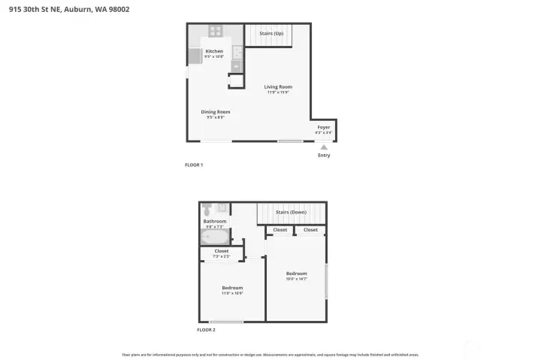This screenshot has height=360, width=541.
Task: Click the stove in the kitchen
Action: click(x=215, y=31)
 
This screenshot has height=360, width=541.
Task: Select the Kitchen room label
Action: click(x=214, y=51)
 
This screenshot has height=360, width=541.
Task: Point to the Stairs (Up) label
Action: click(x=271, y=34)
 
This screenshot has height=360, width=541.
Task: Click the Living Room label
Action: click(x=278, y=86)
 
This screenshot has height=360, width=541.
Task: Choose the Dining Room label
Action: click(x=215, y=112)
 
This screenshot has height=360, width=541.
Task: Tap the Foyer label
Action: click(x=324, y=127)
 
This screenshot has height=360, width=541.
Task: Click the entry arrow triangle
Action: click(x=324, y=147)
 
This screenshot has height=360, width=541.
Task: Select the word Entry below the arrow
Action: click(x=324, y=156)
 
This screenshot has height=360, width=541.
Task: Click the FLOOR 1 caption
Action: click(x=194, y=165)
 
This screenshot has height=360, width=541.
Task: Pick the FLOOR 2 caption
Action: click(x=206, y=330)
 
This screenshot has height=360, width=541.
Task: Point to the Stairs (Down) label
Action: click(x=291, y=212)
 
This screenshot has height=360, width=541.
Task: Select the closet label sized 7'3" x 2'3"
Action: click(x=222, y=251)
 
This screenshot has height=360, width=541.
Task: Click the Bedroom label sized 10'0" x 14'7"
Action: click(x=297, y=274)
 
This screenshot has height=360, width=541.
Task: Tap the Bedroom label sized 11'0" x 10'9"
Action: click(x=232, y=288)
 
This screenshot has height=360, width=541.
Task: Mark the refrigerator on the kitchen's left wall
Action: click(x=193, y=56)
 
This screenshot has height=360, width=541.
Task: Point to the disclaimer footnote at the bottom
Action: click(x=270, y=354)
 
